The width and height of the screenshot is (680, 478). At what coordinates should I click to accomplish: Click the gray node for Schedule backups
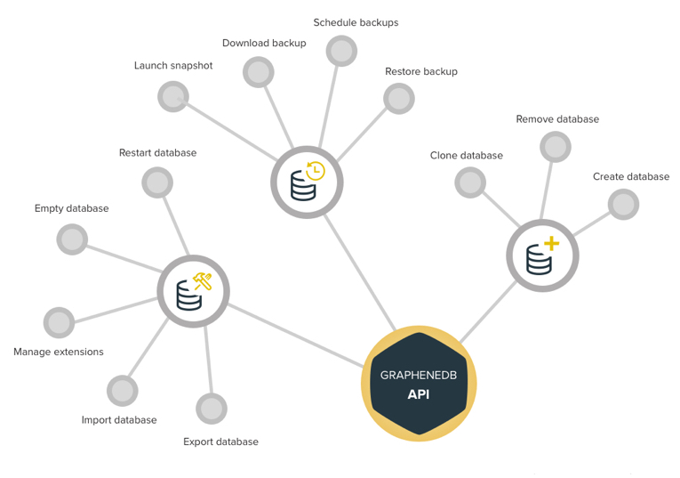[341, 51]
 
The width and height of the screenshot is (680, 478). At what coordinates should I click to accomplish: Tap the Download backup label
[264, 43]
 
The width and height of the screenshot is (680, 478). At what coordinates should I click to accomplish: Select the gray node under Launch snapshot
[173, 96]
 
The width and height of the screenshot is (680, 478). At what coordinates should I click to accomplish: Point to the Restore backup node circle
[399, 99]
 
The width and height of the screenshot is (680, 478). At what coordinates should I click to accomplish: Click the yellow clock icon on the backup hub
[316, 171]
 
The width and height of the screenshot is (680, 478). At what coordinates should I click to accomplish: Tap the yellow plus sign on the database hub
[551, 243]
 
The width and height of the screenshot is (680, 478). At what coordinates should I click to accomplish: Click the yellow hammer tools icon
[203, 281]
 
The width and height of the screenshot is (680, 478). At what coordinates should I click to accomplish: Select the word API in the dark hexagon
[419, 394]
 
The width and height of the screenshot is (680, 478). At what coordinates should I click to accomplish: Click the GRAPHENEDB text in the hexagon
[419, 375]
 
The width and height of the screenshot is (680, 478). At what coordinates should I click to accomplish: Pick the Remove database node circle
[556, 147]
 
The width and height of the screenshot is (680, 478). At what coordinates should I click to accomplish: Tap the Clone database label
[467, 156]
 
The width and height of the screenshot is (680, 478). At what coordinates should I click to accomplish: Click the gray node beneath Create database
[623, 204]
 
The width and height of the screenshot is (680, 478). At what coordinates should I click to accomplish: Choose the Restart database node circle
[157, 182]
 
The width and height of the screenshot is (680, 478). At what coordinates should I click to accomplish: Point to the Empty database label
[72, 208]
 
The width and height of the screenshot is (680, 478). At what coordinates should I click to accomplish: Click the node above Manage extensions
[59, 322]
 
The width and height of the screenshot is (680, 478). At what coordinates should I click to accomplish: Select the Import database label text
[119, 420]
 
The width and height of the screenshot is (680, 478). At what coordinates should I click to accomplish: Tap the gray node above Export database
[212, 409]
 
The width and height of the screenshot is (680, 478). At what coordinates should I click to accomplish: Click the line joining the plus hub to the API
[488, 312]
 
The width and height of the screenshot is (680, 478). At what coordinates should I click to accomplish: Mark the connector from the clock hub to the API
[360, 272]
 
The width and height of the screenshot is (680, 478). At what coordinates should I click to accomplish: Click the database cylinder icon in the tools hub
[189, 296]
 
